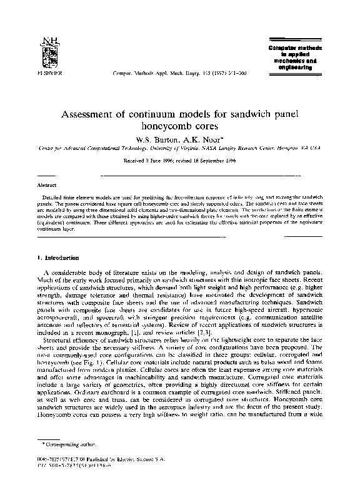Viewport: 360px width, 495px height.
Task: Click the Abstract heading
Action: tap(47, 186)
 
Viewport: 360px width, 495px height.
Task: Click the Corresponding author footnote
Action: tap(62, 459)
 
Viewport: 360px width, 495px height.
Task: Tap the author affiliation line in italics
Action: tap(179, 149)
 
